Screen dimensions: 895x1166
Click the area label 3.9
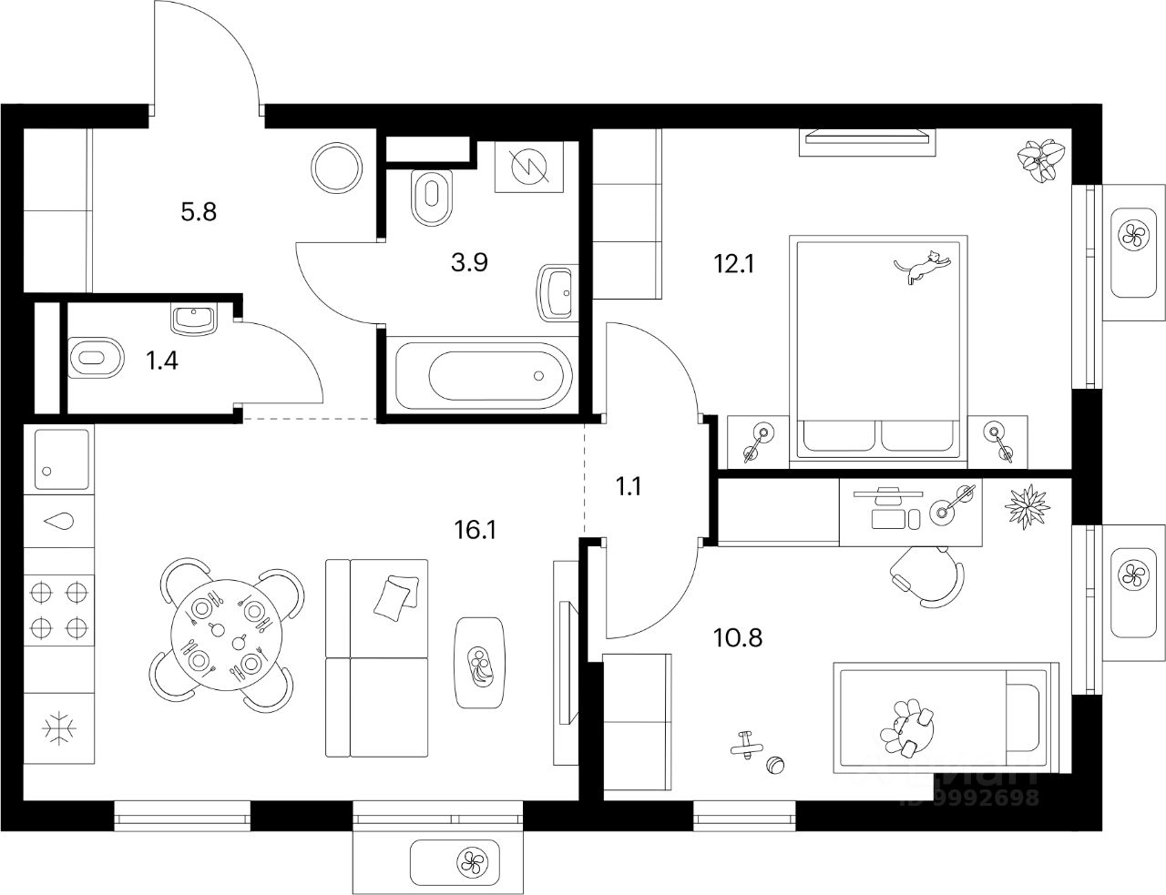coord(470,263)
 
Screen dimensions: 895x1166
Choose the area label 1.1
coord(629,486)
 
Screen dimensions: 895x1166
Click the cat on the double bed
coord(922,266)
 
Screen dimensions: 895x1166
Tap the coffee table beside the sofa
coord(479,663)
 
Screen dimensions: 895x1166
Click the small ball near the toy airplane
coord(776,766)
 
